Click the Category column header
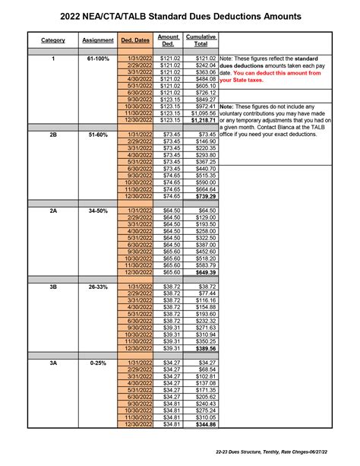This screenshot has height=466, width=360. pos(53,40)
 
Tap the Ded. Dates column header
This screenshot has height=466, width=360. pos(136,40)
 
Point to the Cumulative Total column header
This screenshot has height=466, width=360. pos(201,40)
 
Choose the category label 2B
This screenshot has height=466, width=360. pos(53,135)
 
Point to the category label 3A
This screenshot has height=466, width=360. pos(53,363)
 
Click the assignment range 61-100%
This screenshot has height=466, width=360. pos(96,59)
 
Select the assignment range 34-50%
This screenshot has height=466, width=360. pos(96,210)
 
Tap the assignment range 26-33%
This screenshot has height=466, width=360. pos(96,287)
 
